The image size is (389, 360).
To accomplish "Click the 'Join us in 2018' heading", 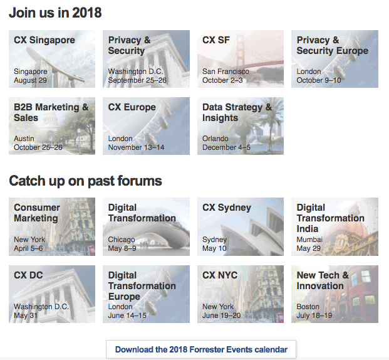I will click(x=55, y=13).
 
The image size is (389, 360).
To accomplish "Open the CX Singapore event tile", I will click(x=52, y=59).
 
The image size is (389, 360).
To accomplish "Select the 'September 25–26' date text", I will click(x=137, y=80).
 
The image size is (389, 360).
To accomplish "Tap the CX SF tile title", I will click(x=216, y=40).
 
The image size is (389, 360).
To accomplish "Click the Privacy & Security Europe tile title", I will click(x=332, y=45).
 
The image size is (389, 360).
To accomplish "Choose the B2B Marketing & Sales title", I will click(x=51, y=112).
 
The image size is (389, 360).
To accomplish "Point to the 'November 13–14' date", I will click(x=136, y=147).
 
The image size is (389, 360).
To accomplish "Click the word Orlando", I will click(x=215, y=139).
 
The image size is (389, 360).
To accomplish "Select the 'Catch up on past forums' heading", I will click(x=85, y=181).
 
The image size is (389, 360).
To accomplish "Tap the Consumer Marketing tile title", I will click(x=37, y=213).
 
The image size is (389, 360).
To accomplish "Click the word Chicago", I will click(x=122, y=240).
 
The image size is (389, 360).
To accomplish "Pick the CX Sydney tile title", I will click(x=226, y=208).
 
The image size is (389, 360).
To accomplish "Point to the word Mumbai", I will click(x=309, y=240).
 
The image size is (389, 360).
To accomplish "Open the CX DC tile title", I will click(x=28, y=275).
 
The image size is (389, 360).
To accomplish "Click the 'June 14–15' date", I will click(x=127, y=315).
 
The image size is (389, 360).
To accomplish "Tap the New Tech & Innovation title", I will click(x=323, y=280).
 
